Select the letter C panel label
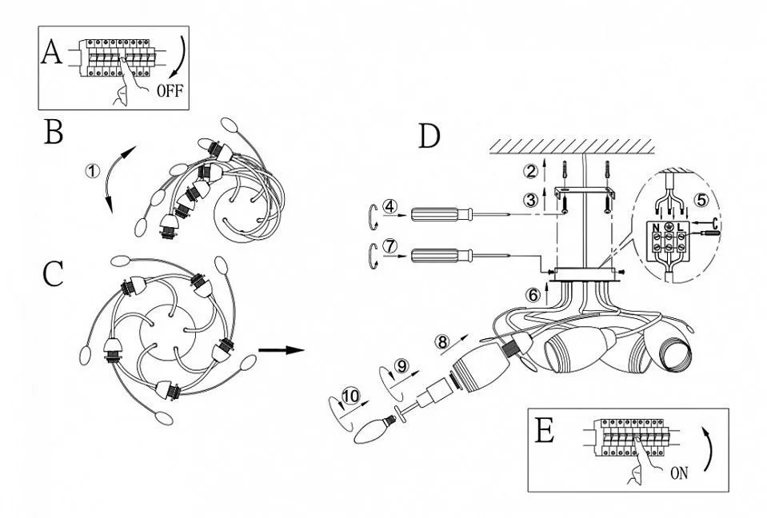click(x=54, y=274)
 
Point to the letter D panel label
click(x=429, y=137)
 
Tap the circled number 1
click(x=94, y=171)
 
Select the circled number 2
click(x=530, y=170)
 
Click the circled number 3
click(x=530, y=201)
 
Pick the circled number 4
click(x=389, y=207)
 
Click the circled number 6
click(x=533, y=294)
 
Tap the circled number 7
click(x=389, y=247)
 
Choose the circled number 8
click(x=442, y=341)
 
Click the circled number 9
click(x=401, y=365)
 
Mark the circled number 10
click(x=350, y=395)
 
